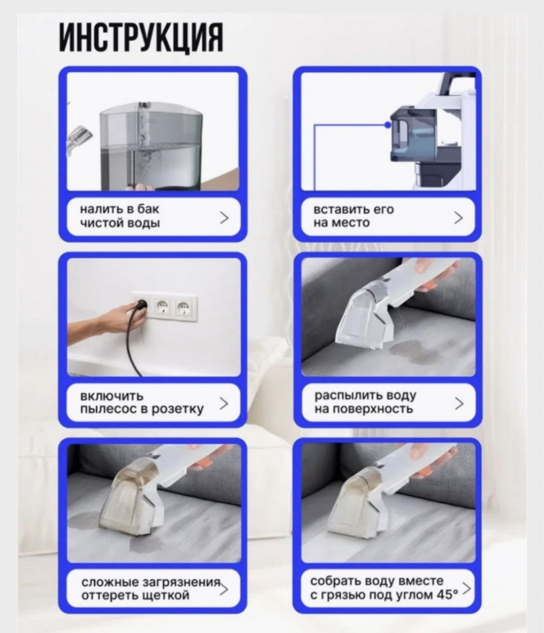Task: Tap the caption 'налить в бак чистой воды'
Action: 120,216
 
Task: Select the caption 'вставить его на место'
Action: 353,216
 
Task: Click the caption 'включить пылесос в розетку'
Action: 142,403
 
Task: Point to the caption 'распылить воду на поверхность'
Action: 365,402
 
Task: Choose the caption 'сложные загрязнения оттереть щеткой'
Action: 151,588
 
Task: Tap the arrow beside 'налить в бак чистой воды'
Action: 224,217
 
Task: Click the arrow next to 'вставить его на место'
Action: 458,217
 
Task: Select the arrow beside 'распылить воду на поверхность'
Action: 459,403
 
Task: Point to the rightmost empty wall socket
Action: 184,308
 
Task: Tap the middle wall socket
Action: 162,308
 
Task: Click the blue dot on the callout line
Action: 388,125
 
